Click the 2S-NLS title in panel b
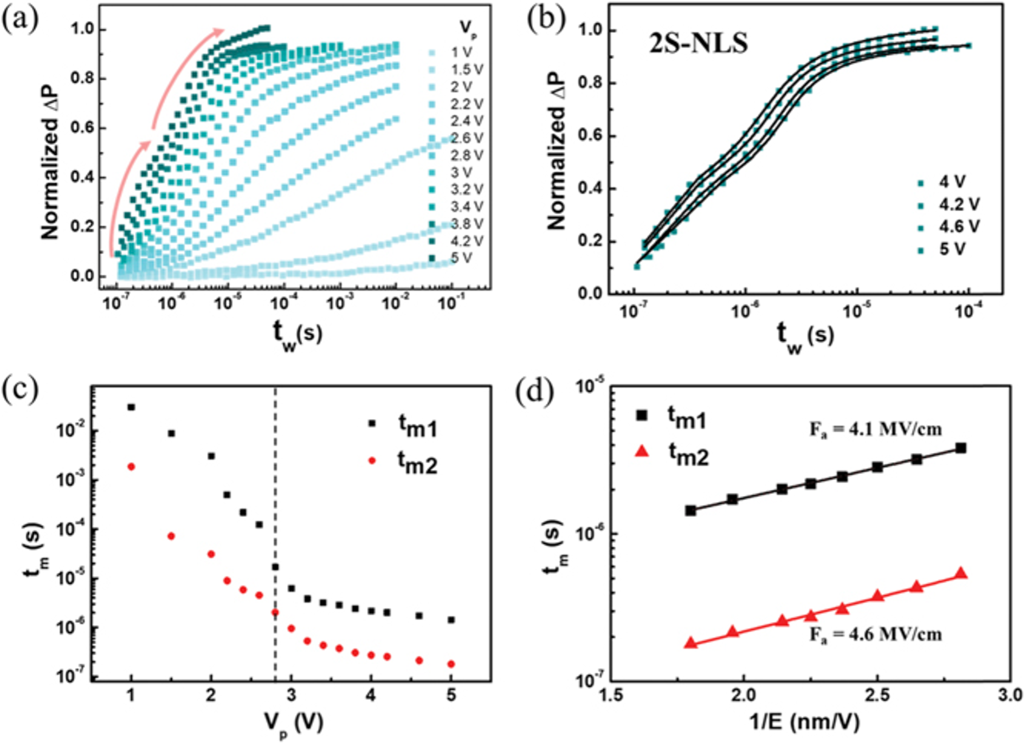tap(699, 43)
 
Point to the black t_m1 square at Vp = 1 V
tap(131, 407)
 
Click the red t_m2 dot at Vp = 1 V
tap(131, 467)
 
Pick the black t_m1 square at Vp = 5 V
tap(451, 620)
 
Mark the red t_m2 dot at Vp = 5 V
tap(451, 664)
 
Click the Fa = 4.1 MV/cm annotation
tap(875, 430)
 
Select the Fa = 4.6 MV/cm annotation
tap(875, 634)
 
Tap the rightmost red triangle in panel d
tap(961, 574)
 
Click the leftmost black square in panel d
tap(690, 510)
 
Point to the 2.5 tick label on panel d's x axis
tap(877, 695)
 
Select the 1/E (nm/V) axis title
tap(804, 722)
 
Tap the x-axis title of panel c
tap(293, 723)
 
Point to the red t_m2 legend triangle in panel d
tap(642, 451)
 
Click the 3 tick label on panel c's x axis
tap(291, 695)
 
